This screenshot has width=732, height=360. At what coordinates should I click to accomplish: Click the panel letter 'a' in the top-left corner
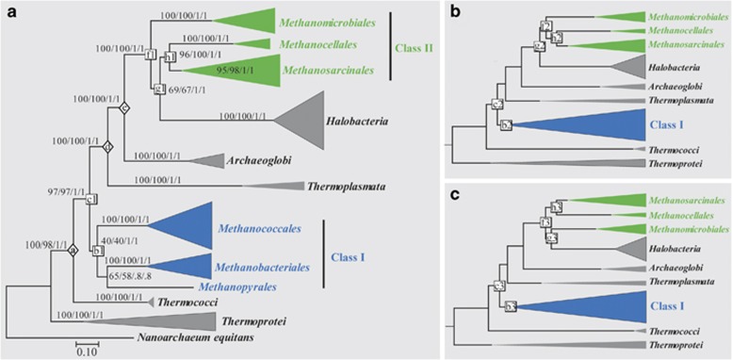[8, 10]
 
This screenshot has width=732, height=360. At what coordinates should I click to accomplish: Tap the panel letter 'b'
[452, 10]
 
